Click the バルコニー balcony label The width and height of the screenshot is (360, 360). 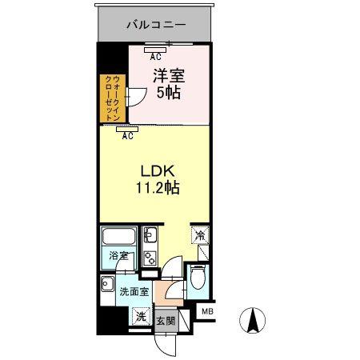click(x=156, y=25)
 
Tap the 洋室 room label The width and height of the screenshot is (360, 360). click(x=169, y=75)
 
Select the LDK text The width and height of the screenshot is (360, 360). click(x=158, y=171)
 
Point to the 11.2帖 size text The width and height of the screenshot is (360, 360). click(x=158, y=187)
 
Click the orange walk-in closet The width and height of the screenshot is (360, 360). click(x=113, y=98)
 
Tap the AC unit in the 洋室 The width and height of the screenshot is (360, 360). click(x=155, y=50)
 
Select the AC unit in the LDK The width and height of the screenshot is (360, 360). click(x=127, y=130)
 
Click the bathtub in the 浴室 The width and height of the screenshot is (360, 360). click(x=118, y=236)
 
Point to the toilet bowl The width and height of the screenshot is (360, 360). click(x=198, y=278)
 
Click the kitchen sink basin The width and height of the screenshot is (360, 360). click(x=150, y=234)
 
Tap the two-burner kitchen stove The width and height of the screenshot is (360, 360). click(x=150, y=258)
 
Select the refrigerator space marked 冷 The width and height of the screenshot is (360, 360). click(x=200, y=234)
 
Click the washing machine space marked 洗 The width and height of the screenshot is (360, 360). click(x=141, y=316)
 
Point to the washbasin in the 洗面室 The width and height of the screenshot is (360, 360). click(x=107, y=284)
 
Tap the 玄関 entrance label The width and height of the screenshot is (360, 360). click(x=166, y=321)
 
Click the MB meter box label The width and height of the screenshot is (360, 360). click(x=207, y=311)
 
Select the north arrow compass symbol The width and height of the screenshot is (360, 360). click(x=252, y=320)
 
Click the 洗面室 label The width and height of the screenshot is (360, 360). click(x=134, y=292)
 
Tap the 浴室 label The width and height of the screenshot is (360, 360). click(x=118, y=256)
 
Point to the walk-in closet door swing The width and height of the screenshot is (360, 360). click(x=137, y=97)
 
